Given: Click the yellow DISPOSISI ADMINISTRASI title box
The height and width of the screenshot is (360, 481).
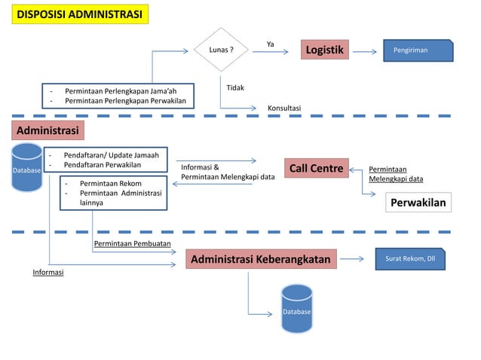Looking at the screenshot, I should (80, 15).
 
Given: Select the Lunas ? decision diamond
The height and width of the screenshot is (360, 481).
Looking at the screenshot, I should (221, 50).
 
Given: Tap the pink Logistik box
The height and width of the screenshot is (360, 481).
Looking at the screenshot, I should (324, 50).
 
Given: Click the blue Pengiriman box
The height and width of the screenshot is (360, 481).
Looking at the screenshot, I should (418, 50).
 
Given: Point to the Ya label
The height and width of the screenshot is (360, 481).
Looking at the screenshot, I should (271, 43).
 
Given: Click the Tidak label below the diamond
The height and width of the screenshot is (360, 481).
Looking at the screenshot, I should (235, 88).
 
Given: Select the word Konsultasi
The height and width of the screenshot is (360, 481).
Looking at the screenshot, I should (284, 108).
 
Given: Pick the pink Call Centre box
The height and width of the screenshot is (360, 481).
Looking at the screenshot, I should (316, 169).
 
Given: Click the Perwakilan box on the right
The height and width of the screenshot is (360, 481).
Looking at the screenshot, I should (418, 203).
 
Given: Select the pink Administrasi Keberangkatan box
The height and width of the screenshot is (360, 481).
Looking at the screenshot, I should (260, 260).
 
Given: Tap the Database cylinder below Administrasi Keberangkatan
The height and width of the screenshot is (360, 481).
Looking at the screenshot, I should (296, 309).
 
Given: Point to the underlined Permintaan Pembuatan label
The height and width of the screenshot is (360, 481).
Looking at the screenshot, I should (132, 244).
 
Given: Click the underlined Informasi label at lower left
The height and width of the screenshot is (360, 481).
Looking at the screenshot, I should (47, 273).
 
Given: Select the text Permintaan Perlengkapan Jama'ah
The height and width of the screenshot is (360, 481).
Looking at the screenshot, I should (121, 91).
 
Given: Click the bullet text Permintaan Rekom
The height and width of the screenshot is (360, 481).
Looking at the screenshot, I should (110, 183).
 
